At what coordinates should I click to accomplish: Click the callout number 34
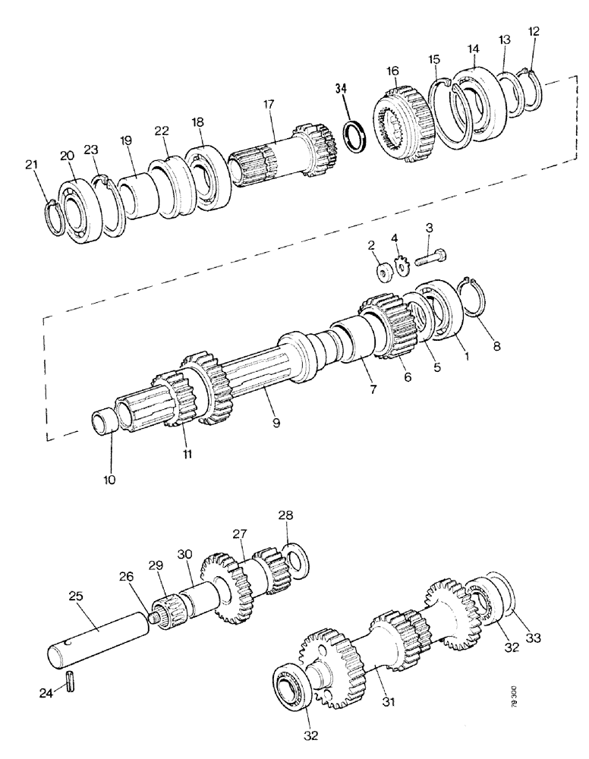342,89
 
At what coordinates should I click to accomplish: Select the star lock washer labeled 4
401,267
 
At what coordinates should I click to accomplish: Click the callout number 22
160,131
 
